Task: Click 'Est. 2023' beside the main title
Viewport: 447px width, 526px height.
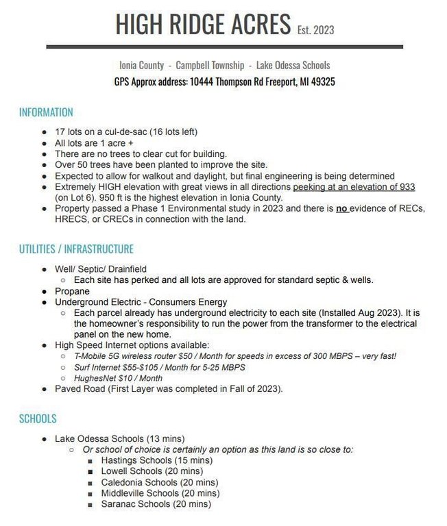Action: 315,29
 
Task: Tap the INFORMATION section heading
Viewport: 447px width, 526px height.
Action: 46,112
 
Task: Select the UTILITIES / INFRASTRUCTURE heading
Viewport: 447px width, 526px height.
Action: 76,249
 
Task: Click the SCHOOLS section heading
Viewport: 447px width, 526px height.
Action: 38,418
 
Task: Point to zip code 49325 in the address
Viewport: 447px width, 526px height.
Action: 320,81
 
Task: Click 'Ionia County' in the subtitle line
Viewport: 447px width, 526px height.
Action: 141,65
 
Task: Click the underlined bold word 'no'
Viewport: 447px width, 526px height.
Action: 341,209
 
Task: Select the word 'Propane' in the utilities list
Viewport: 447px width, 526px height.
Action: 73,291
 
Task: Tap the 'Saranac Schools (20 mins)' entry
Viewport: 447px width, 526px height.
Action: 156,504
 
